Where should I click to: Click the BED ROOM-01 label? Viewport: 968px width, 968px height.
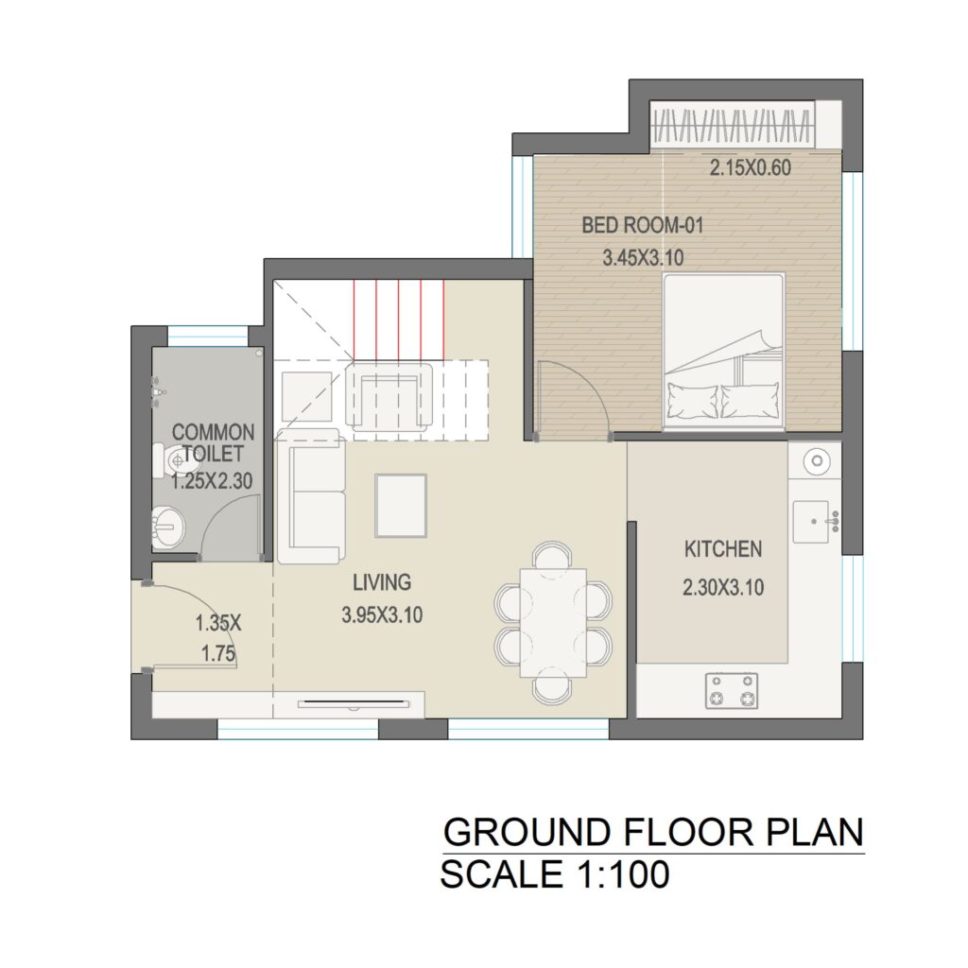click(643, 225)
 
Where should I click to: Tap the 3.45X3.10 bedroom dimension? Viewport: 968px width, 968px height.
click(643, 257)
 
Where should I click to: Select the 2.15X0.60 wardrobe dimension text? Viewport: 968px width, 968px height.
click(750, 167)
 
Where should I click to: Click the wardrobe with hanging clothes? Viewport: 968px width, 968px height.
click(733, 125)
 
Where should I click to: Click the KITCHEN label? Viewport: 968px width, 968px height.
click(723, 549)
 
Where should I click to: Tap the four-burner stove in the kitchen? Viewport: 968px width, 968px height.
click(732, 690)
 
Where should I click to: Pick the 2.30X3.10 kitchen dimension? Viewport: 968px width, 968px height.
click(723, 586)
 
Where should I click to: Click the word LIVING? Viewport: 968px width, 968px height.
click(382, 582)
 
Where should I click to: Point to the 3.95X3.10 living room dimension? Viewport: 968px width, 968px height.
click(382, 614)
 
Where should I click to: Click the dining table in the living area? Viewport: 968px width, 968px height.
click(553, 623)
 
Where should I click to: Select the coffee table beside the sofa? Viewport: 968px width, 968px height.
click(401, 506)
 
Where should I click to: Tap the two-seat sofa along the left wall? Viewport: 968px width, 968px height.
click(310, 495)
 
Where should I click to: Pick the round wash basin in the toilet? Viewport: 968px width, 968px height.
click(168, 527)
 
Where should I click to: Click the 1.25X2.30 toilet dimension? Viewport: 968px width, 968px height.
click(212, 481)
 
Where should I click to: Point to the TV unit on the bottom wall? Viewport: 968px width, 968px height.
click(354, 703)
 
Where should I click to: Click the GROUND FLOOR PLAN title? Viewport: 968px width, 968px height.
click(653, 832)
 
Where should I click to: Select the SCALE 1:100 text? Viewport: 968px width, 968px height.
click(554, 874)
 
